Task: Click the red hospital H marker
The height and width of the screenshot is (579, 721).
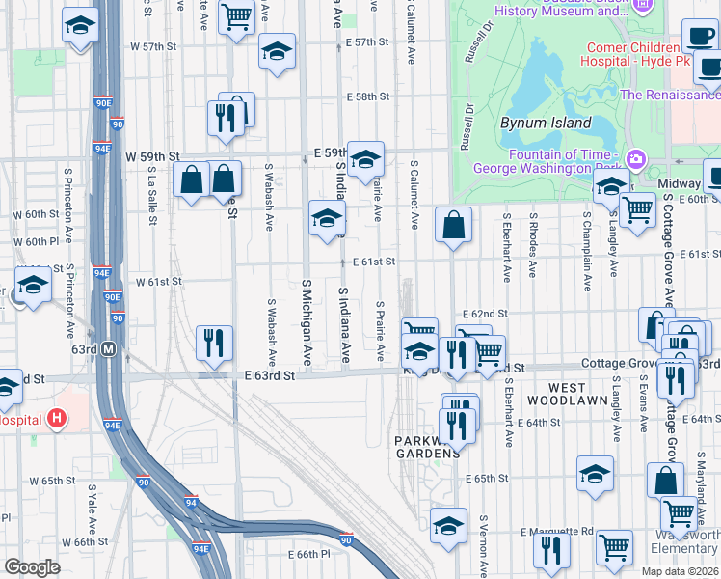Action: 58,418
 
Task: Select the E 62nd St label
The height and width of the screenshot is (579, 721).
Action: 484,315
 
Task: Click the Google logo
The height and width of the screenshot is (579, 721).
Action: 32,567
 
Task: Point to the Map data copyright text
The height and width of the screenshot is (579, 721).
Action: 680,571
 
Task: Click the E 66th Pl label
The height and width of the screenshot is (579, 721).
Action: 308,555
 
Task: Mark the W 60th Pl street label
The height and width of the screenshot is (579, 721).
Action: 37,241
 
